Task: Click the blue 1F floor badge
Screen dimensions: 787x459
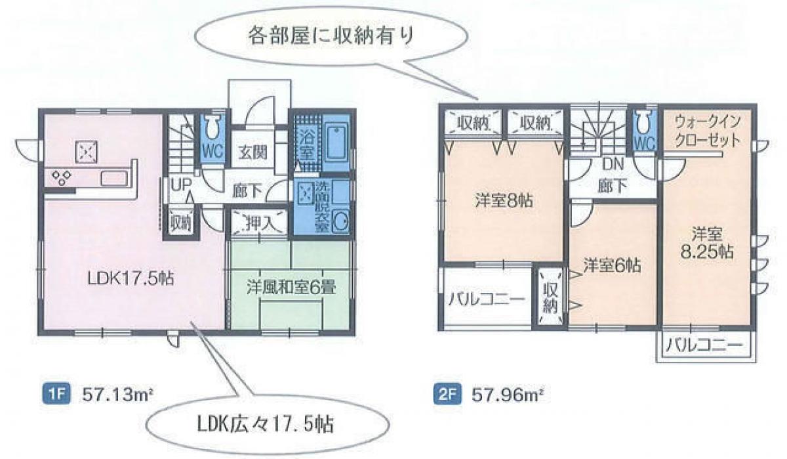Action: (x=56, y=395)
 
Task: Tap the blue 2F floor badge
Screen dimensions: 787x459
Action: (x=447, y=395)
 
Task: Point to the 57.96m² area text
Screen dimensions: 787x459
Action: (x=507, y=395)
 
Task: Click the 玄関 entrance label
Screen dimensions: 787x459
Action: (x=253, y=152)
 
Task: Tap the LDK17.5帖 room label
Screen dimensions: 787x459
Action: (x=131, y=279)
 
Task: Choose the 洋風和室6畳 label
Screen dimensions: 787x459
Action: (x=291, y=288)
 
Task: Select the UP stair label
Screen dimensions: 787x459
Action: (x=181, y=185)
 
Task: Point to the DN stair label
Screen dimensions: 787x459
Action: (x=613, y=164)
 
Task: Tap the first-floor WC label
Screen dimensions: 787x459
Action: (x=213, y=152)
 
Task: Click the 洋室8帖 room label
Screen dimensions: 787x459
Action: (x=504, y=200)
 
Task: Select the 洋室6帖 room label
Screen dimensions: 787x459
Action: (x=612, y=265)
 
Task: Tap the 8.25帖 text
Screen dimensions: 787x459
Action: (x=706, y=252)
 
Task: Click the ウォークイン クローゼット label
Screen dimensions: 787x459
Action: (x=708, y=131)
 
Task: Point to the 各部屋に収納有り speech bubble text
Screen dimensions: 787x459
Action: (x=331, y=36)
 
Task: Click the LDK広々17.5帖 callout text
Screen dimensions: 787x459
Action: (x=265, y=425)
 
